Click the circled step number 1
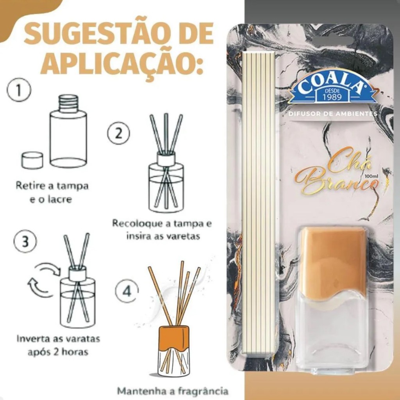click(x=19, y=91)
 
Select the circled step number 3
click(x=25, y=241)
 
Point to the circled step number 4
click(x=127, y=291)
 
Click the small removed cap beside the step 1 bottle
click(x=32, y=160)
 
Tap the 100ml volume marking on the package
click(x=370, y=176)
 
